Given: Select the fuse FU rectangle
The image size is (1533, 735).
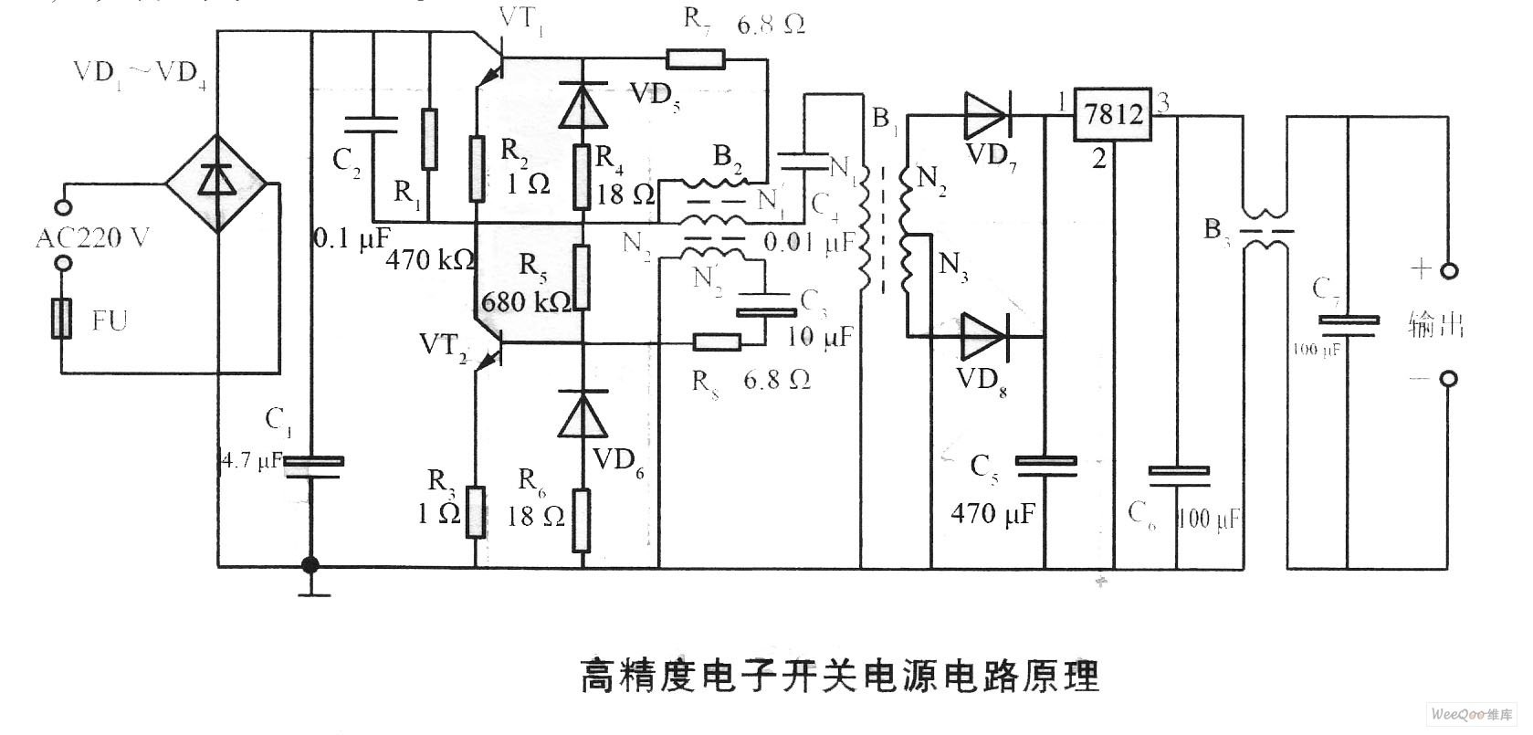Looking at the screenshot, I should [61, 320].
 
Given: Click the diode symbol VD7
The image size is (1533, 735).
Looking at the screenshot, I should [984, 115].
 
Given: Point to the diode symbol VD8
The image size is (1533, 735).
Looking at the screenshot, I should [983, 336].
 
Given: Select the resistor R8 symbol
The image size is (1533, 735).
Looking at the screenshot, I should [716, 343].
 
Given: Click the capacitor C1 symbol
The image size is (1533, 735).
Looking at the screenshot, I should [312, 467].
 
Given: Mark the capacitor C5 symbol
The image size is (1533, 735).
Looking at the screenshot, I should [1046, 467].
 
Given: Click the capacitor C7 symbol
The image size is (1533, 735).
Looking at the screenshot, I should [1349, 325].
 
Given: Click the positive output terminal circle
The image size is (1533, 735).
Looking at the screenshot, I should [1448, 271].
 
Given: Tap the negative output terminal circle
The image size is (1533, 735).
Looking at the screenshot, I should [1448, 379].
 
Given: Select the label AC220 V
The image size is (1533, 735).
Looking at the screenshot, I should [93, 239].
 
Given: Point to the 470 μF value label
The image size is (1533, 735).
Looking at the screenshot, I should [993, 514].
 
